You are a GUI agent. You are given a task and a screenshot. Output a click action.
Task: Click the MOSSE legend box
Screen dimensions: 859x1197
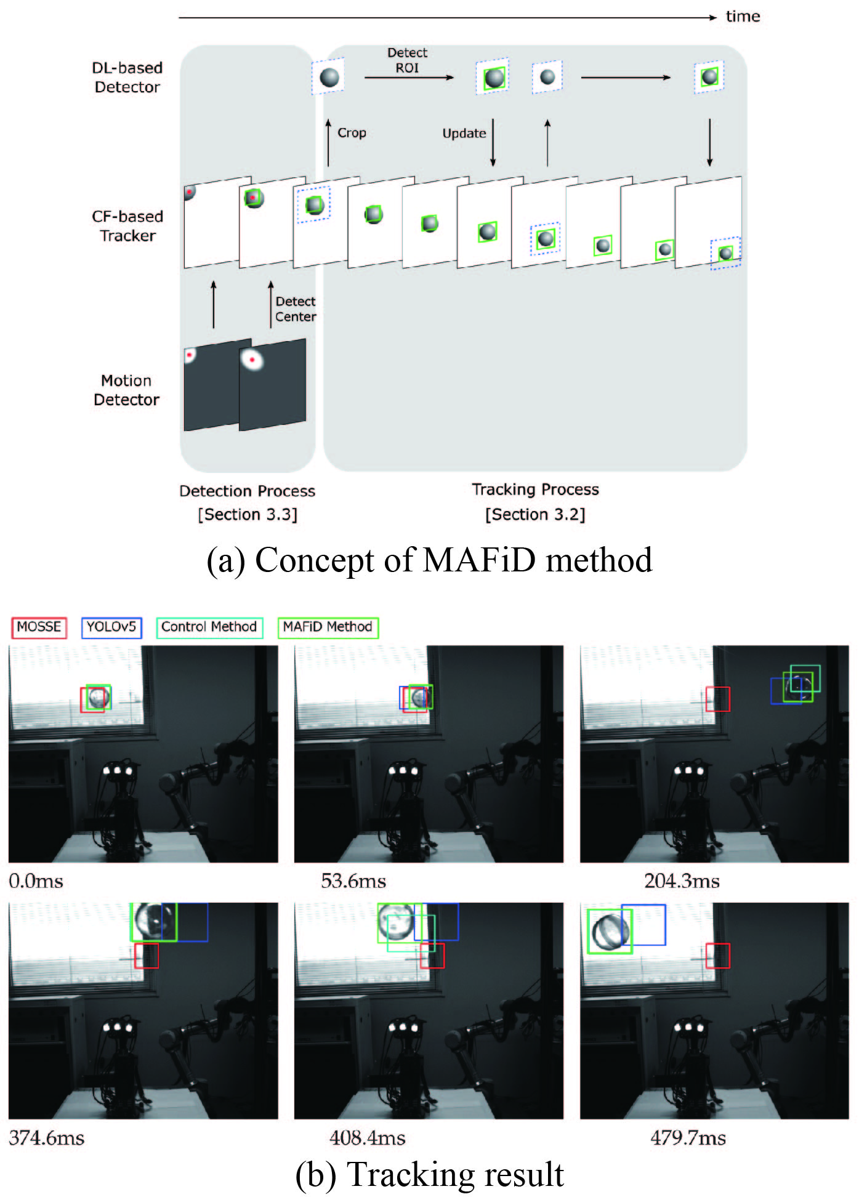coord(39,627)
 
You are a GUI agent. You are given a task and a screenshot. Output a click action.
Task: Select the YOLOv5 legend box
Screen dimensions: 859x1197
coord(111,627)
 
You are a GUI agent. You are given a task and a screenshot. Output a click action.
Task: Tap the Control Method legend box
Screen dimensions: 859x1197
coord(209,627)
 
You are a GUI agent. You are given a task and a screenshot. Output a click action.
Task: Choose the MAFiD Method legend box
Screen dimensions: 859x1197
coord(328,627)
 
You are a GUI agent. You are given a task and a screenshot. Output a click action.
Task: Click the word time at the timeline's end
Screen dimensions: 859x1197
coord(743,16)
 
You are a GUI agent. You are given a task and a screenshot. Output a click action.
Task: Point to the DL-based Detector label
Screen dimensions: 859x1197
coord(127,77)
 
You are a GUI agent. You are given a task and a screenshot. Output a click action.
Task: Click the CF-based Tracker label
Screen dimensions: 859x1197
coord(128,226)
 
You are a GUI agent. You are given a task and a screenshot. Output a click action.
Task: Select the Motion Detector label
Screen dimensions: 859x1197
coord(127,390)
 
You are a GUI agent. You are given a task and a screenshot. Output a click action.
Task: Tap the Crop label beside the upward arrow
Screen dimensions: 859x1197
coord(352,133)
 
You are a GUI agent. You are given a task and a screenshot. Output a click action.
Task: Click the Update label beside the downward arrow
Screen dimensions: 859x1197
coord(464,134)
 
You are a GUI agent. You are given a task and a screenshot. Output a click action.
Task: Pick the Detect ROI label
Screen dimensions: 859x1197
coord(407,60)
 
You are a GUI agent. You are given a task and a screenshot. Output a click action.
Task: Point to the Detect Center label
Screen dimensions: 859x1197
coord(296,309)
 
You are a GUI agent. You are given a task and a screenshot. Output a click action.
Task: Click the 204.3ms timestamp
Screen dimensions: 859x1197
coord(682,881)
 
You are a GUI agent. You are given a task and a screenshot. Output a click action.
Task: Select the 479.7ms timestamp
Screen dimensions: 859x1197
coord(688,1137)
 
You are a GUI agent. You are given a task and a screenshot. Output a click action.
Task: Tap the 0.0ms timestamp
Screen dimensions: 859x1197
coord(36,881)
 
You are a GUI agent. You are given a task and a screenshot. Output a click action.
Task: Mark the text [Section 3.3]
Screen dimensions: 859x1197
coord(248,514)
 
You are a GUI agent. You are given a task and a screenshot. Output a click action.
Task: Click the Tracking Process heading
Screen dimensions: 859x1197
coord(535,490)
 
